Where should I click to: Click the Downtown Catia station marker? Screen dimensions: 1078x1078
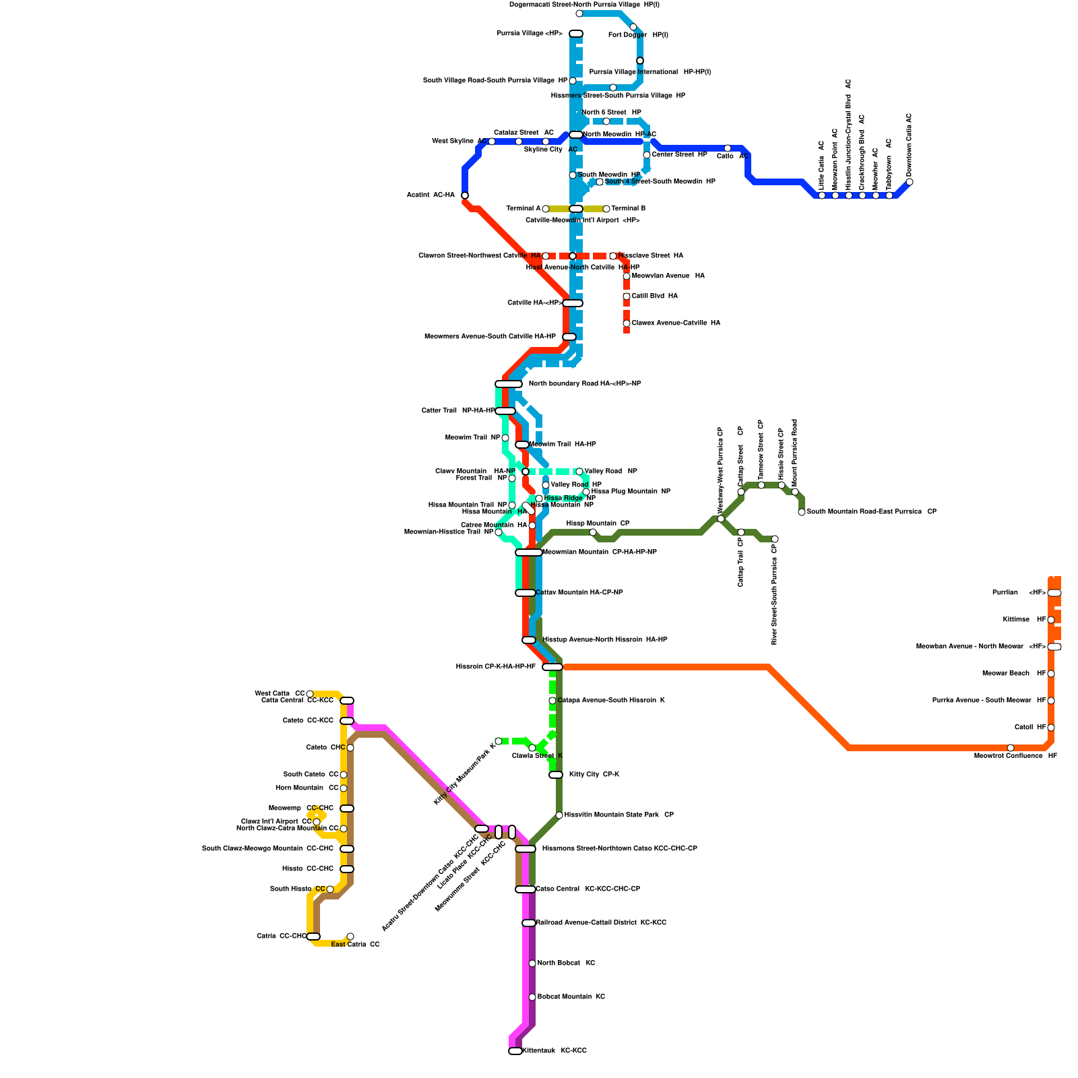pyautogui.click(x=910, y=182)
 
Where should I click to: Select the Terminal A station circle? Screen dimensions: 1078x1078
pyautogui.click(x=546, y=209)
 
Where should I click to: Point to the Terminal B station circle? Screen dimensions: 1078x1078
pyautogui.click(x=606, y=209)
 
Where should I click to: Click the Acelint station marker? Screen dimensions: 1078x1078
pyautogui.click(x=465, y=195)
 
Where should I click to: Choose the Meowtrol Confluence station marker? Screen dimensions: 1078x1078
pyautogui.click(x=1011, y=748)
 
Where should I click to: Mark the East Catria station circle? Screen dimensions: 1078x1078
pyautogui.click(x=350, y=937)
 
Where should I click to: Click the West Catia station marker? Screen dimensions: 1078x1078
pyautogui.click(x=310, y=694)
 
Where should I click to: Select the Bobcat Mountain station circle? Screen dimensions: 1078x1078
pyautogui.click(x=532, y=997)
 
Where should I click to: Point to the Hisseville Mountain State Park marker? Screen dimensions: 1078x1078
pyautogui.click(x=559, y=815)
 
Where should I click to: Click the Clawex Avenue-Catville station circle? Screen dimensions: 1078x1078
pyautogui.click(x=627, y=323)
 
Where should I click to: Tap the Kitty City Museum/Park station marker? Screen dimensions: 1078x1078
pyautogui.click(x=499, y=741)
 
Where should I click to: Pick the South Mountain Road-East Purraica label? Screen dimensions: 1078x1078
pyautogui.click(x=871, y=512)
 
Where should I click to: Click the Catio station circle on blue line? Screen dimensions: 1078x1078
pyautogui.click(x=728, y=148)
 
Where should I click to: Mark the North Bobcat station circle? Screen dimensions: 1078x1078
pyautogui.click(x=532, y=963)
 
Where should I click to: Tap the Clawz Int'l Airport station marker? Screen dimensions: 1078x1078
pyautogui.click(x=317, y=822)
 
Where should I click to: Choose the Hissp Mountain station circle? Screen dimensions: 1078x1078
pyautogui.click(x=593, y=532)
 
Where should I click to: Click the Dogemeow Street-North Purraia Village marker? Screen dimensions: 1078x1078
pyautogui.click(x=579, y=13)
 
